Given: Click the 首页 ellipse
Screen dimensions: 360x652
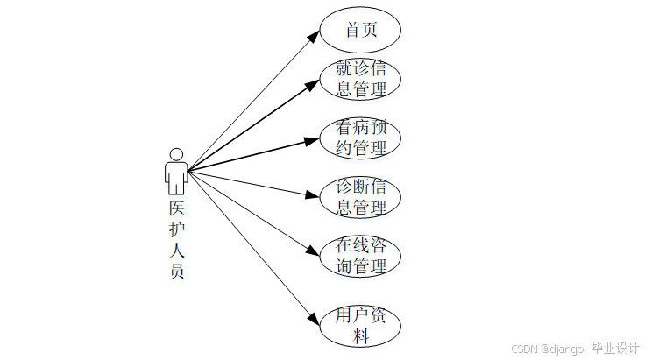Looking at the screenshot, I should click(360, 30).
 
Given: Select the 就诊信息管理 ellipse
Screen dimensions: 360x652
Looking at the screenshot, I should click(360, 80).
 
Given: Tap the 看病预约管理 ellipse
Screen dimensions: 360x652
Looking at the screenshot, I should click(360, 138).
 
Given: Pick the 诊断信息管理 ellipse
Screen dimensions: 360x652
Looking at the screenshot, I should click(360, 197).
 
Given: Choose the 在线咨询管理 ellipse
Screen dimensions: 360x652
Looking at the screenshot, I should click(360, 256).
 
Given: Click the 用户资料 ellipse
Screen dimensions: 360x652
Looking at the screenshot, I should click(360, 325).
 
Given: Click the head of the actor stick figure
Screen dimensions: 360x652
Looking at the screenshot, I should click(176, 154).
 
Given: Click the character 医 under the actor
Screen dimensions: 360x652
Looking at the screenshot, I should click(176, 209).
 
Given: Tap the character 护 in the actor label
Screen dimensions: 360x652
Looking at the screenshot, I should click(176, 229).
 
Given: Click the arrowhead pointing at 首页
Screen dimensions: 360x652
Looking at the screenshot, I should click(315, 34).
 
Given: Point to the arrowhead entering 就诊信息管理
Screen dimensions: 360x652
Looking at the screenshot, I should click(315, 85).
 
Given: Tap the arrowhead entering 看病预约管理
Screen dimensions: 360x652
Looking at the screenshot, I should click(315, 139).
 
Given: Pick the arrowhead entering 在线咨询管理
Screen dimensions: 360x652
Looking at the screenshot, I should click(315, 251).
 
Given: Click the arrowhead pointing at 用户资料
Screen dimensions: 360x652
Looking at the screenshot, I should click(315, 320).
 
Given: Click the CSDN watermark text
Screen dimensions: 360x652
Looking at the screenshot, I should click(547, 348).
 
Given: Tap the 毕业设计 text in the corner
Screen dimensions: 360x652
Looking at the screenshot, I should click(615, 347).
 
